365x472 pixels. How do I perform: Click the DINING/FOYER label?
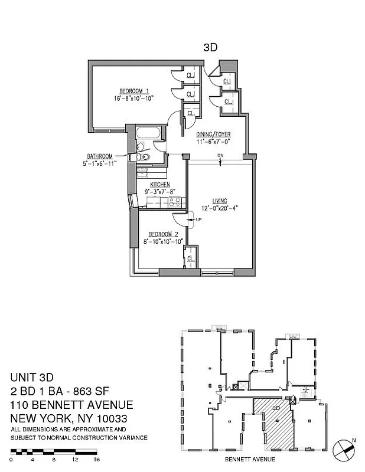pyautogui.click(x=217, y=134)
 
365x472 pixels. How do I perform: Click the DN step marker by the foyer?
pyautogui.click(x=220, y=156)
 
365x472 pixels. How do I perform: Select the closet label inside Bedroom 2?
pyautogui.click(x=191, y=258)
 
